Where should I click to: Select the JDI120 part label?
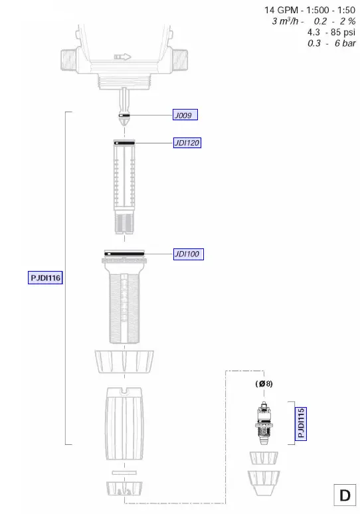click(187, 143)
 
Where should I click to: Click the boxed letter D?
click(345, 495)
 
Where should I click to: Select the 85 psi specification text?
click(340, 33)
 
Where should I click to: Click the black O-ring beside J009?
click(125, 115)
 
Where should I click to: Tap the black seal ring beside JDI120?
click(125, 143)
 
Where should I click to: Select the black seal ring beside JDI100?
click(125, 253)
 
